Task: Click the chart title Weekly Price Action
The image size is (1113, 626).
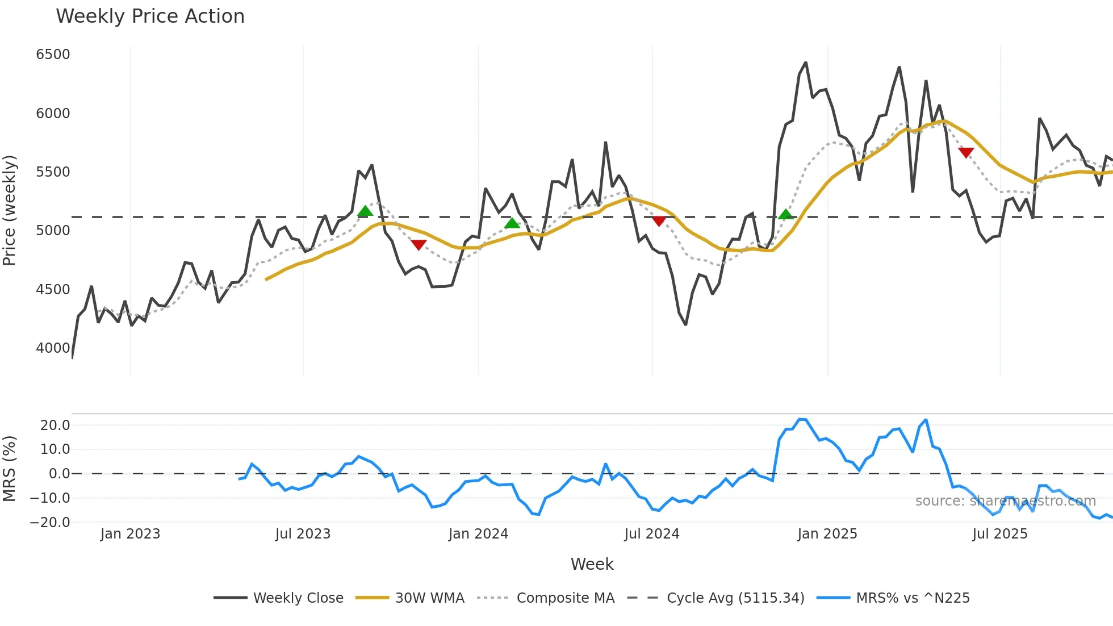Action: [150, 16]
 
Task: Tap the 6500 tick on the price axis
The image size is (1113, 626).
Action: [53, 55]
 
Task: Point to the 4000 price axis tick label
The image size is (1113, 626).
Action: [53, 348]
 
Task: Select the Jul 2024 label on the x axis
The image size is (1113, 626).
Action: [651, 534]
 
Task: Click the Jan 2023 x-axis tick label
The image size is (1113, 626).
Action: [130, 534]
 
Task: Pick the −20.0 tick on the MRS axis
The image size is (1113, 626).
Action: [50, 522]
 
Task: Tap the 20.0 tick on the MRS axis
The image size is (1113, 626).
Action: [55, 425]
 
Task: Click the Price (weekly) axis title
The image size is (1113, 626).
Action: [10, 210]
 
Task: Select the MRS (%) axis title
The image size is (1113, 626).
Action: [10, 469]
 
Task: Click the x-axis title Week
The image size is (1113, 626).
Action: [592, 564]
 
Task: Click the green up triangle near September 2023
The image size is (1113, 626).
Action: [365, 211]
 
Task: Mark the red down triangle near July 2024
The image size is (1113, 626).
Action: [659, 221]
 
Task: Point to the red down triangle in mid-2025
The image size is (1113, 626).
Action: [966, 152]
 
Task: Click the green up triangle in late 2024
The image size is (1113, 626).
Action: [786, 214]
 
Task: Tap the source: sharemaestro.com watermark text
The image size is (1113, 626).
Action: [1005, 501]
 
